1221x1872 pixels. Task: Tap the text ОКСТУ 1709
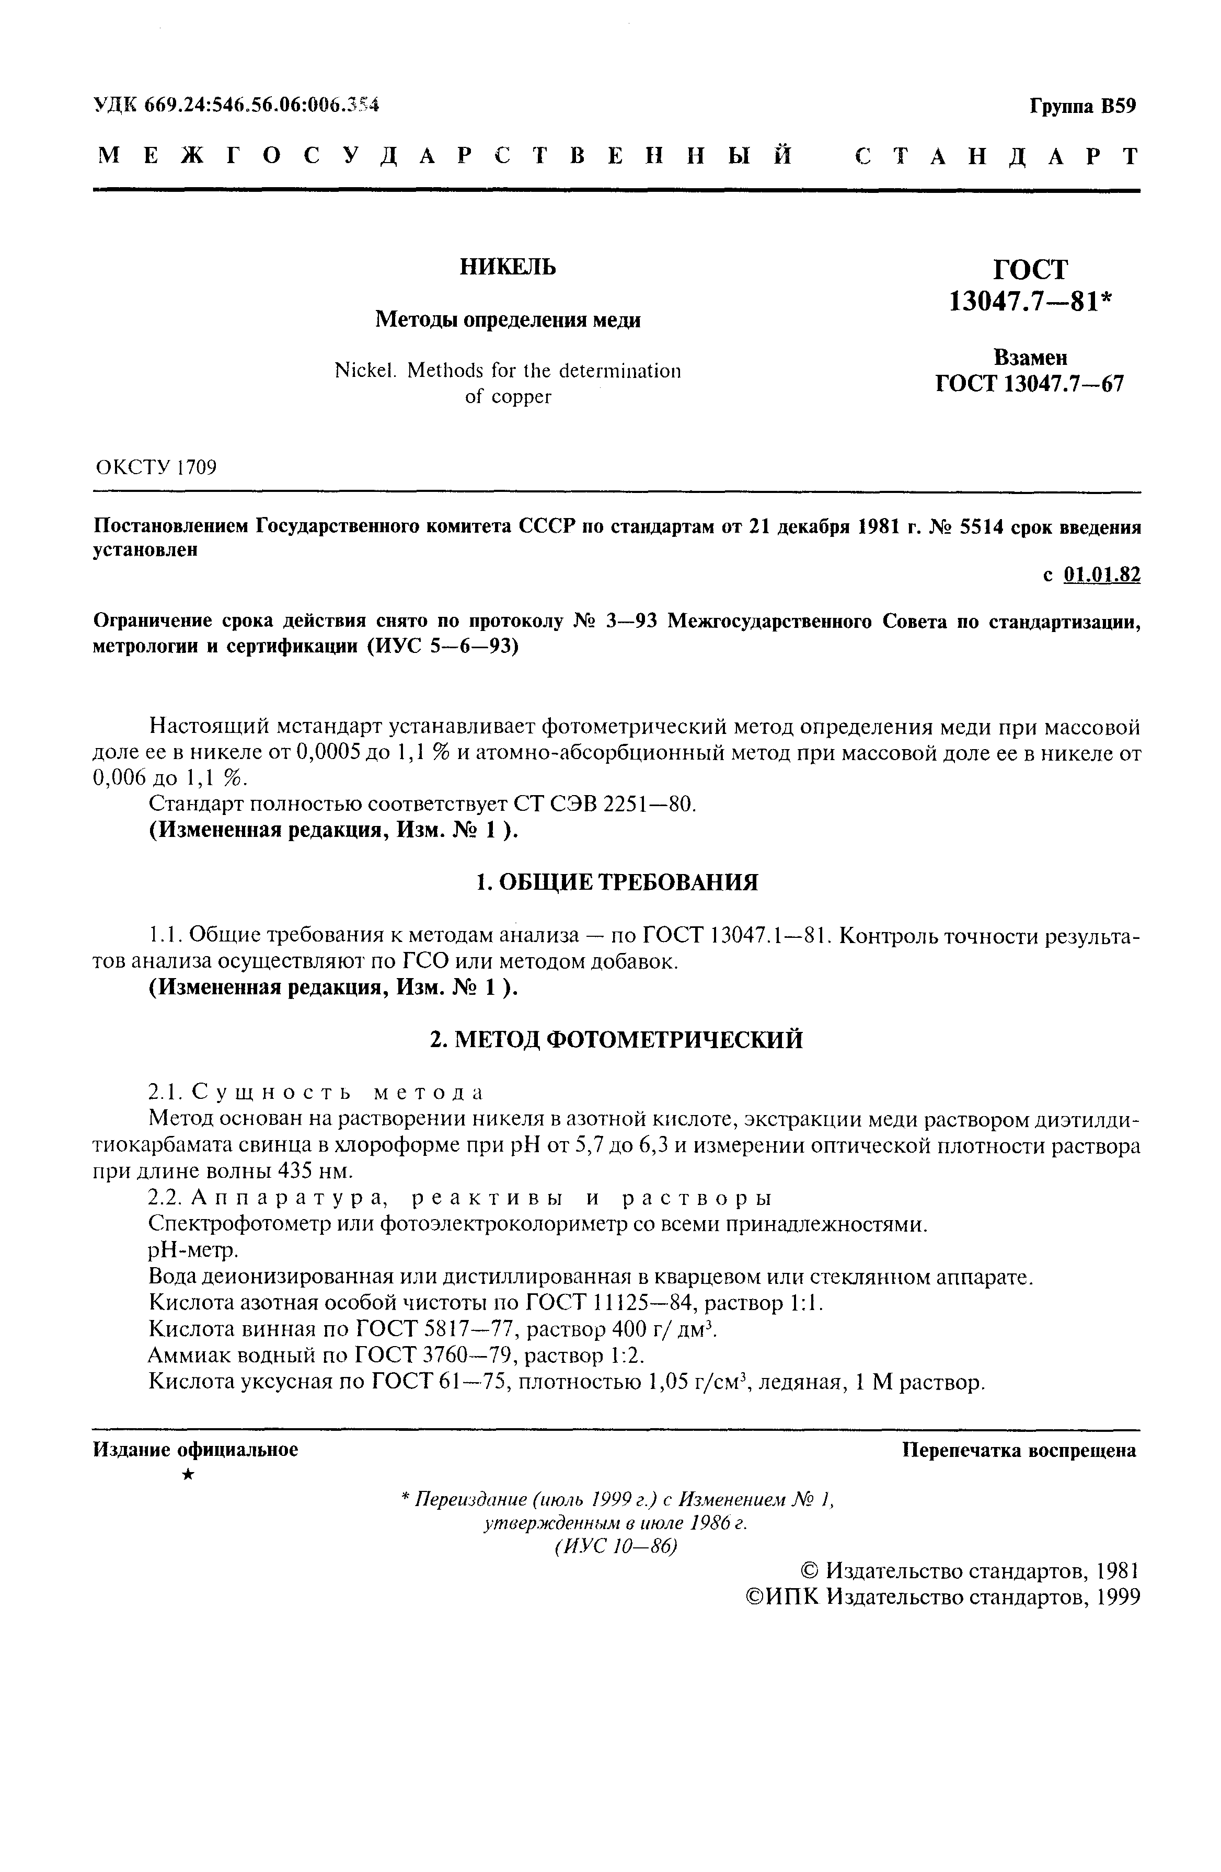pos(156,468)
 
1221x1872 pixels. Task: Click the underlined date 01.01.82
pos(1101,575)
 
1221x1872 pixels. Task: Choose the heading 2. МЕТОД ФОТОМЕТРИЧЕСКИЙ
pos(617,1040)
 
